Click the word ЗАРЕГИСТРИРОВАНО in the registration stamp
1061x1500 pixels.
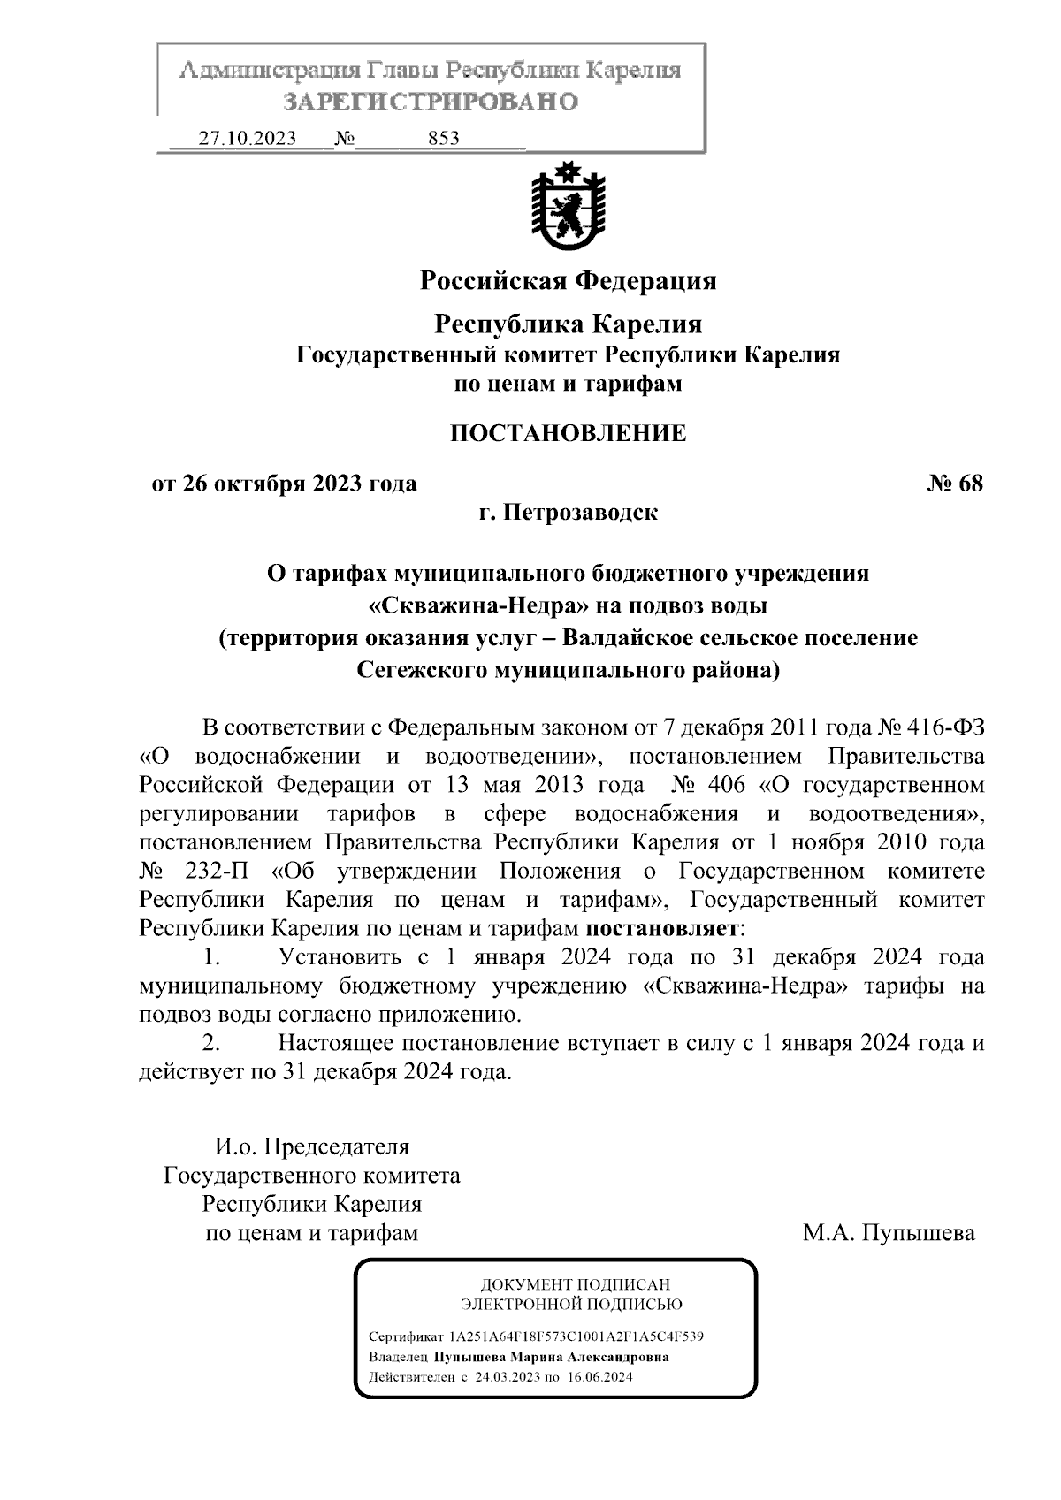431,102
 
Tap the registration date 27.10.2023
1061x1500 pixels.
247,139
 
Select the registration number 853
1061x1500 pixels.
443,139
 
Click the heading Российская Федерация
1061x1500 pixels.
568,281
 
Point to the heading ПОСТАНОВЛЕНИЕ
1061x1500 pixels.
568,433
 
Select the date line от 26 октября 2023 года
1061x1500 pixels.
284,484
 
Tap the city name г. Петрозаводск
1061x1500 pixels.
568,513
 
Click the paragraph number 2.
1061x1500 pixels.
210,1043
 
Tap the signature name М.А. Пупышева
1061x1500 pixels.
889,1232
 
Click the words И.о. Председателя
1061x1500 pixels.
312,1147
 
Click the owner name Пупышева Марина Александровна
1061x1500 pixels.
551,1357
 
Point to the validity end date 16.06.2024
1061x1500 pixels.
600,1377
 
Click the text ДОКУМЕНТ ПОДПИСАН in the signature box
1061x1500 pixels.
575,1284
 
